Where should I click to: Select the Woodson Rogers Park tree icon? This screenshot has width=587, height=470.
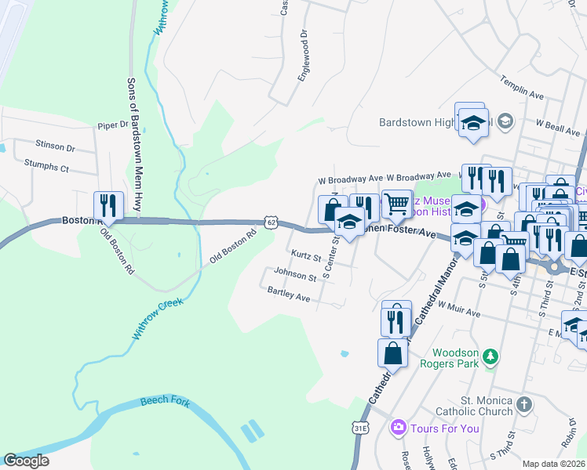pos(490,357)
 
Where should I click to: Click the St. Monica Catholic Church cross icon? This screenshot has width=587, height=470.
pos(523,405)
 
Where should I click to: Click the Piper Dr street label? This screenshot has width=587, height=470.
pos(112,125)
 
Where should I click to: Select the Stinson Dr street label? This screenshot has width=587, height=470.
pos(55,146)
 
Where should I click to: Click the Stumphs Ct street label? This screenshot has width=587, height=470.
pos(46,168)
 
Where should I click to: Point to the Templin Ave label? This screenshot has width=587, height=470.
pos(522,88)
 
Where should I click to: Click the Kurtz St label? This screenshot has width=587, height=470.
pos(306,256)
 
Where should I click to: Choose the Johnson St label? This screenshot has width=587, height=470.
pos(294,273)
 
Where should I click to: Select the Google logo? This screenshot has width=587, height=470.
pos(27,461)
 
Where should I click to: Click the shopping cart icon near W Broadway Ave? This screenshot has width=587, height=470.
pos(396,204)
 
